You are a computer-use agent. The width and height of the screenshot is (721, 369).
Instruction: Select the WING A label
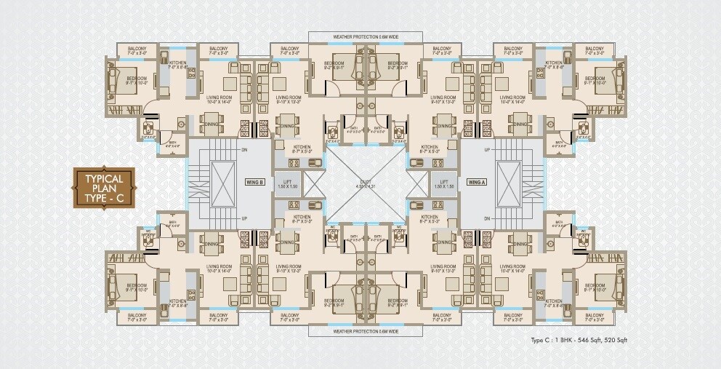(x=477, y=181)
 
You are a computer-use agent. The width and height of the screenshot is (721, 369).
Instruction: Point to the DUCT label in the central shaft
(x=361, y=181)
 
